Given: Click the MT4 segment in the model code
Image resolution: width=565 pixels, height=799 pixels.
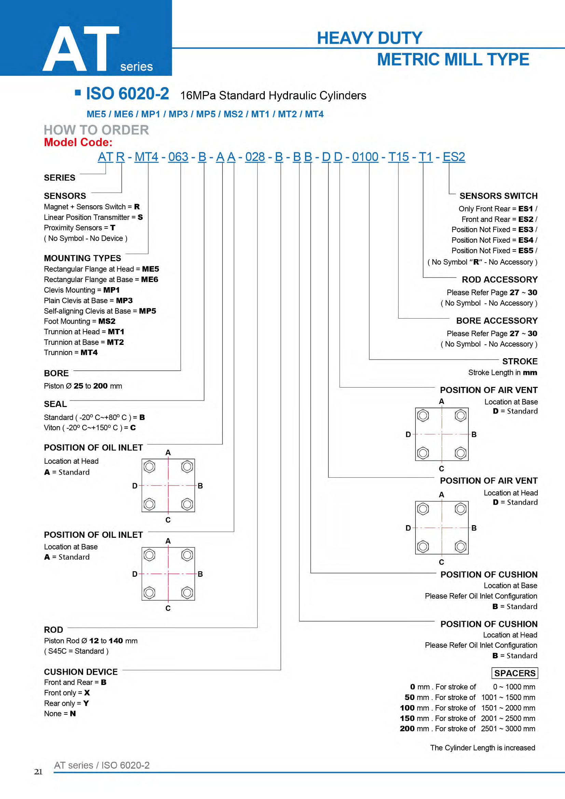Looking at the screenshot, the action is tap(146, 157).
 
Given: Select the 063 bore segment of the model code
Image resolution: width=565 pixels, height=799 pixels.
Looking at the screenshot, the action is tap(178, 157).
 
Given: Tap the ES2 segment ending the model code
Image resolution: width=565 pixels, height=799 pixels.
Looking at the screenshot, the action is tap(454, 157).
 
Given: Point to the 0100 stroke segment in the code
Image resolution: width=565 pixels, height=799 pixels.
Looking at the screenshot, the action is tap(365, 157).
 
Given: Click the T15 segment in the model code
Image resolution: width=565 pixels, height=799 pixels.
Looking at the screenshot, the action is tap(399, 157).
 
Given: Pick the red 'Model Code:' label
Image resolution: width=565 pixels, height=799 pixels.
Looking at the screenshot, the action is tap(78, 142).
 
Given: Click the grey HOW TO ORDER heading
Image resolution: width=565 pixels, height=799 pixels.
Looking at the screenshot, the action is tap(96, 130).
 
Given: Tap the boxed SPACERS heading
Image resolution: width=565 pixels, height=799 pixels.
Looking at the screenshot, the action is tap(515, 673).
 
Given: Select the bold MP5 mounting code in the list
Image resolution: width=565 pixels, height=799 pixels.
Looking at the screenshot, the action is tap(148, 311).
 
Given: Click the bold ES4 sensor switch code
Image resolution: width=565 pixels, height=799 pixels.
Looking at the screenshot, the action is tap(526, 240).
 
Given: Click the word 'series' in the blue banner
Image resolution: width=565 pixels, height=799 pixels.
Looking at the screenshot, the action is tap(136, 67).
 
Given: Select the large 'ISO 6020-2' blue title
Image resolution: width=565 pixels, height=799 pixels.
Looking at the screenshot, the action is tap(127, 94).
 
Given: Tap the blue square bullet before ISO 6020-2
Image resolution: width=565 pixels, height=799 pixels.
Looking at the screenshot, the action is tap(78, 93).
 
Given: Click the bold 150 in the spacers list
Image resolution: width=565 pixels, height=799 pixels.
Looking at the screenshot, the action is tap(407, 718).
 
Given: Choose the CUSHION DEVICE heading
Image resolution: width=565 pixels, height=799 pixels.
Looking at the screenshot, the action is tap(81, 672).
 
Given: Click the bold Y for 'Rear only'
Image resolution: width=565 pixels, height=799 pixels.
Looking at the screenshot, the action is tap(86, 703).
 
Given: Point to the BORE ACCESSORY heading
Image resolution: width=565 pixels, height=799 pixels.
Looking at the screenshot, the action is tap(497, 321).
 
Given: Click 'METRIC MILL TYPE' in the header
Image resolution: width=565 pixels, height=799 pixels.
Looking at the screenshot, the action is tap(453, 59).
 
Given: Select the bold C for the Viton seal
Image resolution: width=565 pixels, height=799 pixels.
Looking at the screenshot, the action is tap(133, 427).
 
